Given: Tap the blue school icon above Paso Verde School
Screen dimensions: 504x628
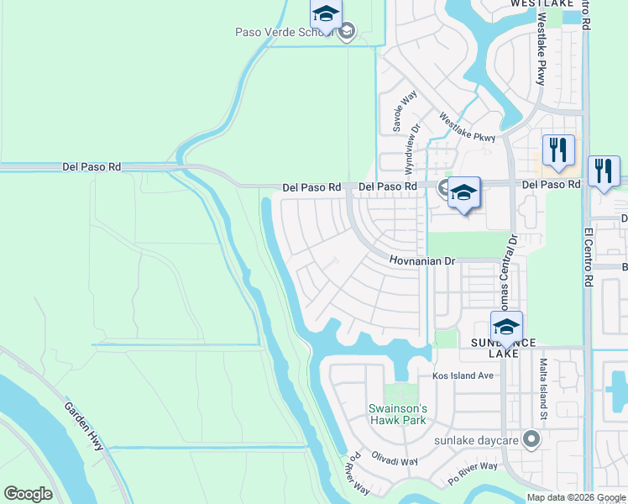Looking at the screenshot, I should [325, 13].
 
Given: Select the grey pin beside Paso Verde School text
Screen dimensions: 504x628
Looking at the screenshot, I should [346, 33].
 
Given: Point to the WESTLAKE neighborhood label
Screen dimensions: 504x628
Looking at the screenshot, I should [542, 4].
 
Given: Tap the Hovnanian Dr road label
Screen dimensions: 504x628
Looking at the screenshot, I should [421, 261].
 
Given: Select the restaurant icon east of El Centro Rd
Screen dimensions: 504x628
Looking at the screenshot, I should [604, 172].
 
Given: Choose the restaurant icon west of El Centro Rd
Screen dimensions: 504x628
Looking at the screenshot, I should [557, 150].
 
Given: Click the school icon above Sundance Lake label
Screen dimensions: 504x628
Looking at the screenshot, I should [506, 328].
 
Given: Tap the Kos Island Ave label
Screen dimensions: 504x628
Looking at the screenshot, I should [463, 375].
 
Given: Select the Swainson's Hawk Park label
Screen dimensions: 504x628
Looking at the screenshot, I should [398, 414].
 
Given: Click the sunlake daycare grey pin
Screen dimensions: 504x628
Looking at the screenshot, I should [530, 438].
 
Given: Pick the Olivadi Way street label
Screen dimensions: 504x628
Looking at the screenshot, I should [396, 461].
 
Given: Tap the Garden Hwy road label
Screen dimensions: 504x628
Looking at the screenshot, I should [84, 426].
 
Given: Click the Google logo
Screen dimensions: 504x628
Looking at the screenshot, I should [28, 494].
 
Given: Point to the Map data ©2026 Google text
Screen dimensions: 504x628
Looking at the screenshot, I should [575, 497].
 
